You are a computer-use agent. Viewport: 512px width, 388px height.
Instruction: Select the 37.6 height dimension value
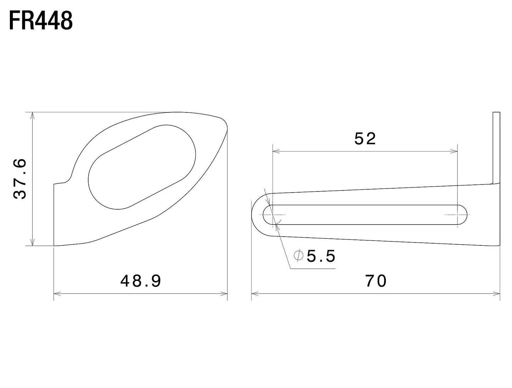20,179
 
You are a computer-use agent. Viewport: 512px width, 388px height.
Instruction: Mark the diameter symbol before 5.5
299,256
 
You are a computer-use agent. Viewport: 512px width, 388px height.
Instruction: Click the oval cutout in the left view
142,167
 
